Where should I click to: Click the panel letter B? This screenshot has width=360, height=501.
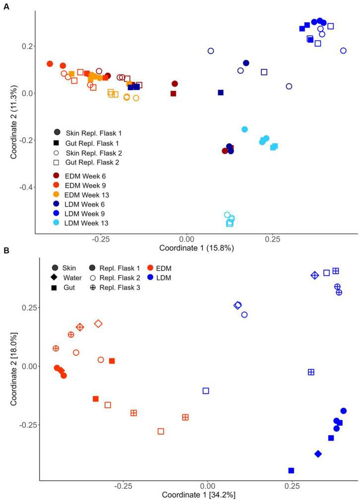(x=6, y=251)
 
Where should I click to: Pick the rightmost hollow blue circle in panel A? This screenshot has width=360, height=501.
(x=343, y=51)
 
